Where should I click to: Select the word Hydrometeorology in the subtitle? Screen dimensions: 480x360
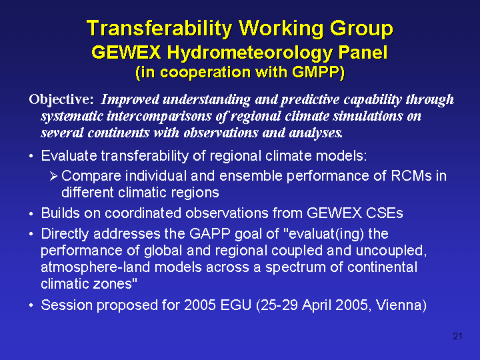250,53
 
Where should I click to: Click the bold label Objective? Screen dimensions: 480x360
61,100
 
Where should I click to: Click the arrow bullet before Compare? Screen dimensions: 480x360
53,176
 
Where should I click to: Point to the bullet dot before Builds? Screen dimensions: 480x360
31,214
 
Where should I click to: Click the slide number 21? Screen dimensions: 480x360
457,337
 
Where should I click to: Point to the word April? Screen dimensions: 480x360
317,305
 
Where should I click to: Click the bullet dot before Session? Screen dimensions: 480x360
31,306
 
